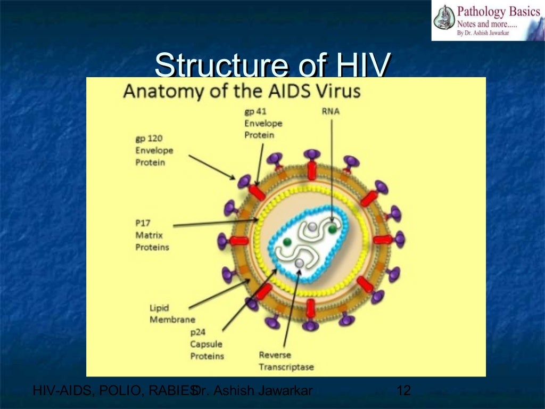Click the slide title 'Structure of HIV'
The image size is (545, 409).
[273, 66]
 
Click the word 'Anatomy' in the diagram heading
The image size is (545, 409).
[154, 91]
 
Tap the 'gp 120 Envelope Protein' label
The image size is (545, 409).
[154, 150]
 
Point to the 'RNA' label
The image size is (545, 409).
[331, 111]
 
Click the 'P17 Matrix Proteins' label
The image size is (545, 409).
[152, 234]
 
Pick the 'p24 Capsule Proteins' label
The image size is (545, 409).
[207, 344]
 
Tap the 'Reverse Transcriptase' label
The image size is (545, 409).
[286, 361]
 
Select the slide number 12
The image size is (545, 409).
[404, 391]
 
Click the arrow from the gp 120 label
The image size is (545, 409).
[212, 167]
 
